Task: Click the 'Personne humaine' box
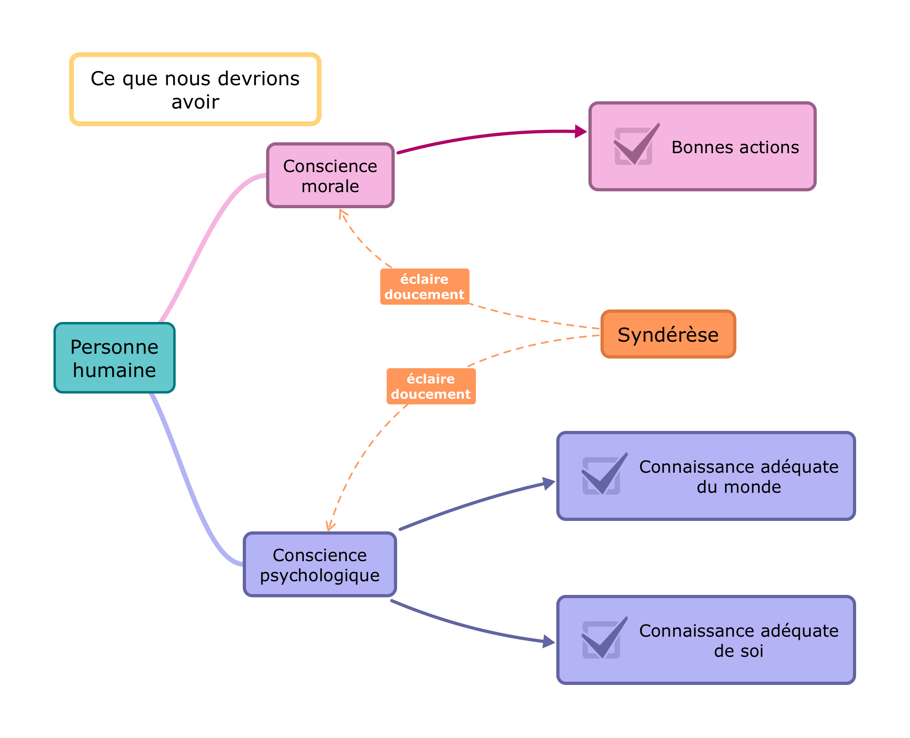[114, 358]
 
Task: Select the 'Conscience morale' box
[330, 176]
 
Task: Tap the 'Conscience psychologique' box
[320, 564]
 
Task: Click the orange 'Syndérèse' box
[668, 334]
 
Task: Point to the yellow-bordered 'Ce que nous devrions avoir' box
[195, 89]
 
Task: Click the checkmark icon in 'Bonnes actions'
[635, 145]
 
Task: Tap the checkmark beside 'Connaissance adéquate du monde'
[603, 474]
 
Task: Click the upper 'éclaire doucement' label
[424, 287]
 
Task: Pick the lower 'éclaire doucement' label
[430, 386]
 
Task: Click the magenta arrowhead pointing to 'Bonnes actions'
[580, 131]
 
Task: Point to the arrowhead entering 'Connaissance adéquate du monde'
[549, 483]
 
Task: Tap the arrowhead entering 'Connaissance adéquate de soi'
[549, 642]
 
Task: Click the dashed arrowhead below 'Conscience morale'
[342, 214]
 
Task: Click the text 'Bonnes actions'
[735, 147]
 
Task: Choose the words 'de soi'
[738, 651]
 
